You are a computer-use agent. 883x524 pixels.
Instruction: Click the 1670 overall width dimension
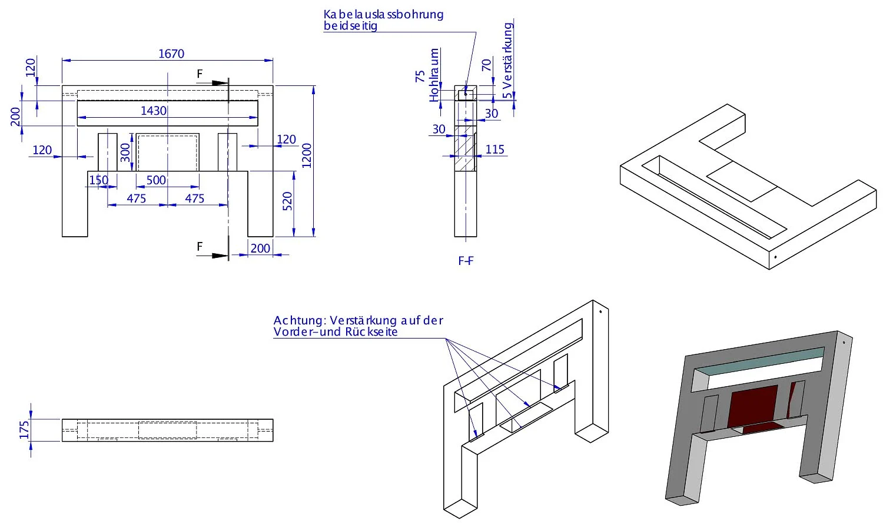171,54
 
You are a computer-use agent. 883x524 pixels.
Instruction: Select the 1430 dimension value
154,111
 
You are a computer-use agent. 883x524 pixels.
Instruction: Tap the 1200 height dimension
307,155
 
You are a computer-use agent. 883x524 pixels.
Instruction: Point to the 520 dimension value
287,202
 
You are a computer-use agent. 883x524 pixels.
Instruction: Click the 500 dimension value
156,180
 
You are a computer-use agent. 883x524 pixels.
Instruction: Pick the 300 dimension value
125,152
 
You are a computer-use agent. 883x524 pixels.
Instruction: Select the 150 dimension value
99,180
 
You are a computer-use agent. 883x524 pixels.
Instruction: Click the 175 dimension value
24,430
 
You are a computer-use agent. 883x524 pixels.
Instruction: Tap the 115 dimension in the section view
495,149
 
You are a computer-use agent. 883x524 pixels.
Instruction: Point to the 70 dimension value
486,65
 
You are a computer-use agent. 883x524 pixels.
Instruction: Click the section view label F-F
466,261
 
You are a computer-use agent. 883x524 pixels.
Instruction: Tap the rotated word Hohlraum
434,75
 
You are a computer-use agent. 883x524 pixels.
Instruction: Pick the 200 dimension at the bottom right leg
260,248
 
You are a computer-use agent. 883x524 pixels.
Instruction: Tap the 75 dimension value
420,76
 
